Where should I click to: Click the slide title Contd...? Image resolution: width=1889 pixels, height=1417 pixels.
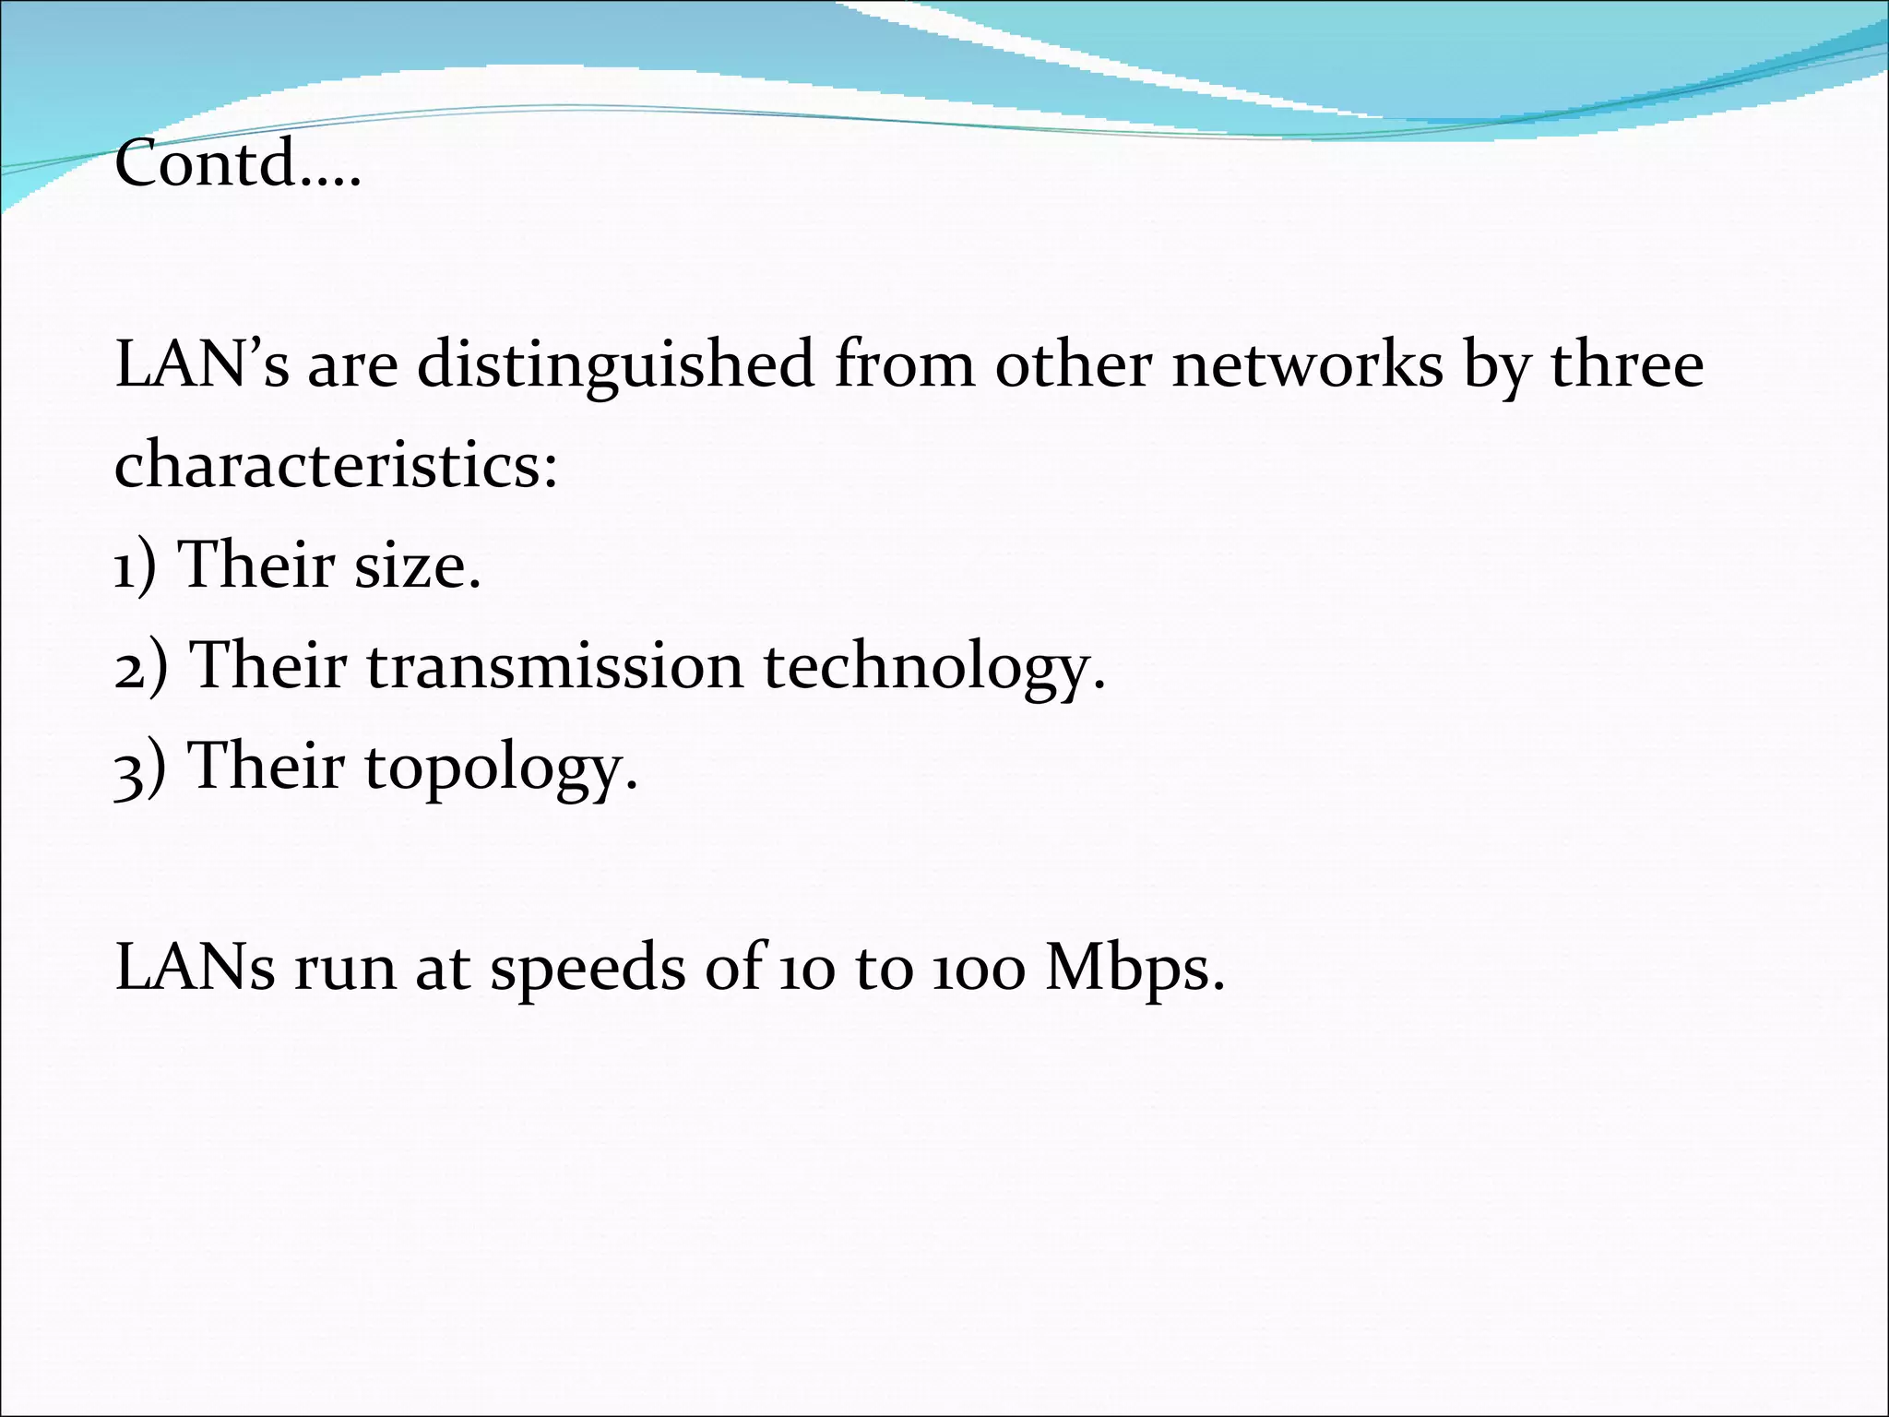pyautogui.click(x=236, y=163)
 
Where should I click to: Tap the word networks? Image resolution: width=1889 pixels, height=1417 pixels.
pyautogui.click(x=1307, y=364)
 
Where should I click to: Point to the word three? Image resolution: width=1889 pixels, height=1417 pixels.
pyautogui.click(x=1627, y=364)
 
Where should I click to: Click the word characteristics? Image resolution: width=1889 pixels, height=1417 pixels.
pyautogui.click(x=336, y=464)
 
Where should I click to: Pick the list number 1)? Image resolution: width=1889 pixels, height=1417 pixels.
pyautogui.click(x=135, y=566)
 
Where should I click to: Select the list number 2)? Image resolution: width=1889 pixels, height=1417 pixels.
pyautogui.click(x=140, y=666)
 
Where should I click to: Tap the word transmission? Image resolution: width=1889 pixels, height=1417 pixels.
pyautogui.click(x=554, y=666)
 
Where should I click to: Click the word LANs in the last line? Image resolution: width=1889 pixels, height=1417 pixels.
pyautogui.click(x=195, y=969)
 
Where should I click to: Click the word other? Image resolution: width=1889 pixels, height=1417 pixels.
pyautogui.click(x=1073, y=364)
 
